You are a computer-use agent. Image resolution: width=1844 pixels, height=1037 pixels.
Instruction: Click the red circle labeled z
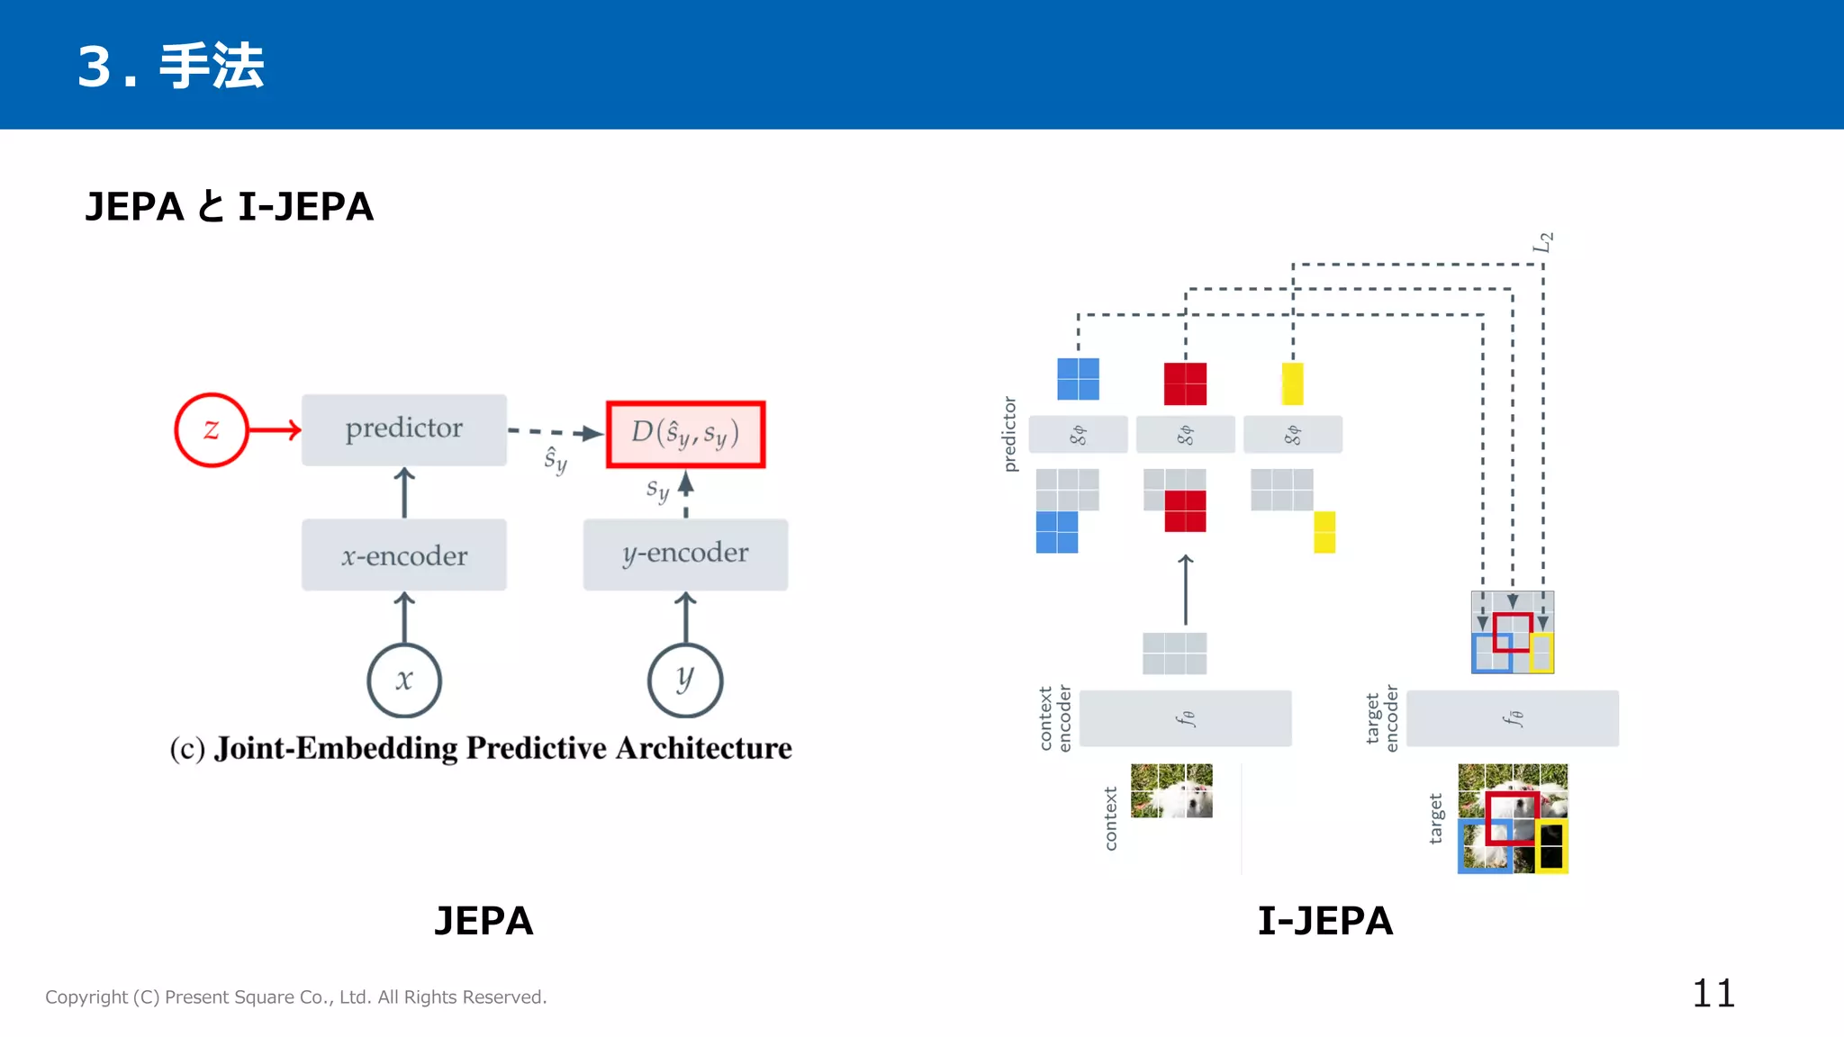(x=211, y=430)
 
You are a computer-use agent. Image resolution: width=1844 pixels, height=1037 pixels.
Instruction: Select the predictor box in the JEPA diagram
(x=403, y=429)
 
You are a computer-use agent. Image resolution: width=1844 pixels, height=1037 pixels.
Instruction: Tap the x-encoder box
(x=403, y=555)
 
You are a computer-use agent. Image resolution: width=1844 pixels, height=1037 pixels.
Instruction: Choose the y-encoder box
(x=685, y=554)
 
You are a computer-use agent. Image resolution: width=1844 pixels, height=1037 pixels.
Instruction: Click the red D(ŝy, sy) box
(x=685, y=434)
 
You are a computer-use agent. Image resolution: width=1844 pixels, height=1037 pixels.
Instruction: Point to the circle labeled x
(x=404, y=680)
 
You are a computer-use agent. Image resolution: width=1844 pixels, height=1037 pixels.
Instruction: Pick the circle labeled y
(x=685, y=680)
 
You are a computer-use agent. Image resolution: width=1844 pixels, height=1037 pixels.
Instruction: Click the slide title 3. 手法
(x=171, y=66)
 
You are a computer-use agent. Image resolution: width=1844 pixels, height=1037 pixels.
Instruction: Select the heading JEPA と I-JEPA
(x=229, y=207)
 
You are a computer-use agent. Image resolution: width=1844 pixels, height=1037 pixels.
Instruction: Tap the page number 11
(x=1713, y=994)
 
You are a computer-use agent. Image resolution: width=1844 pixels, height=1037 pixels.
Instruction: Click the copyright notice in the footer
(x=296, y=997)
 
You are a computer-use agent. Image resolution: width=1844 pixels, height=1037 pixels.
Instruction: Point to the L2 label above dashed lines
(x=1543, y=242)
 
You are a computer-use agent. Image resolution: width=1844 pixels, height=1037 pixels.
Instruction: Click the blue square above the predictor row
(x=1078, y=379)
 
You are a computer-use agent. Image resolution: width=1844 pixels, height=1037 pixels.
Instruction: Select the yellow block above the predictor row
(x=1292, y=383)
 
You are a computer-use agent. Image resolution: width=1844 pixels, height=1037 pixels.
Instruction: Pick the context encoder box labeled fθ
(x=1185, y=718)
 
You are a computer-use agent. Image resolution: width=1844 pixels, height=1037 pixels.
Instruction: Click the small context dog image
(x=1171, y=790)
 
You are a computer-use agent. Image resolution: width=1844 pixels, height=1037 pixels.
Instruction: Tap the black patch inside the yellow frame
(x=1551, y=846)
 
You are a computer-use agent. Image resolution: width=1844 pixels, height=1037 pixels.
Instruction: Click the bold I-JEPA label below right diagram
(x=1324, y=921)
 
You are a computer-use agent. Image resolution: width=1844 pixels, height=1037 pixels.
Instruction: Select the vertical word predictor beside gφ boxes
(x=1010, y=434)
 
